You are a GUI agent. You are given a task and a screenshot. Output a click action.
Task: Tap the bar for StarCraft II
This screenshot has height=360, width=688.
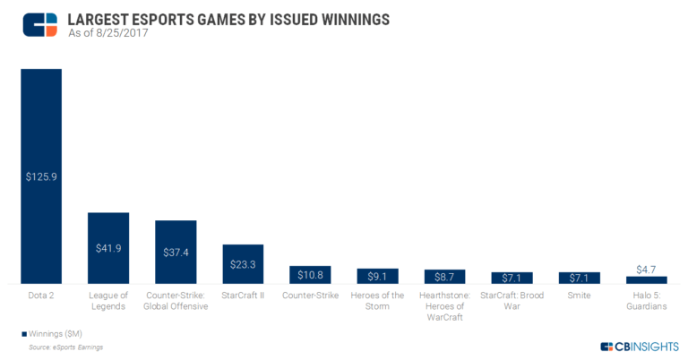pos(243,264)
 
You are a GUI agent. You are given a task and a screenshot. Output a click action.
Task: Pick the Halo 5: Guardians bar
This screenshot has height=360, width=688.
pos(647,279)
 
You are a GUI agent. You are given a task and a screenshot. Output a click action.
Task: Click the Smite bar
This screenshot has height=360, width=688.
pos(580,278)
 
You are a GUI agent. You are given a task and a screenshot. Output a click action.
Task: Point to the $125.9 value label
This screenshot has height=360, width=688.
pos(41,177)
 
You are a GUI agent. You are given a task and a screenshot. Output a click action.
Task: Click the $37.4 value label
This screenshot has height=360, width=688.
pos(176,253)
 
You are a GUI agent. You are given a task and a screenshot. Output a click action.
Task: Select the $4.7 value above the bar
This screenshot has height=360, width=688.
pos(647,268)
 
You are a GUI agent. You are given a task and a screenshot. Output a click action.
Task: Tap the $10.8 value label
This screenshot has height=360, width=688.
pos(310,275)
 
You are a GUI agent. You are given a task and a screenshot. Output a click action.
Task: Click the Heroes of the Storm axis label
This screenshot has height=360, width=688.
pos(377,300)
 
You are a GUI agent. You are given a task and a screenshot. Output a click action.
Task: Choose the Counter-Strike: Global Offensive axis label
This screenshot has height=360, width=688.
pos(176,300)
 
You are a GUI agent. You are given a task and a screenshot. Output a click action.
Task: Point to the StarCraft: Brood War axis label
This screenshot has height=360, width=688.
pos(512,300)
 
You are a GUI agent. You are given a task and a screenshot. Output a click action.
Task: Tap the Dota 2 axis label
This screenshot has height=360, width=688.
pos(41,295)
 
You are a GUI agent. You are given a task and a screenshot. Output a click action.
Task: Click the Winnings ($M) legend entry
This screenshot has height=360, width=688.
pos(54,333)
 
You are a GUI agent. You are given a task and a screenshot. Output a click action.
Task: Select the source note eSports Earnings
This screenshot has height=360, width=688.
pos(66,345)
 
